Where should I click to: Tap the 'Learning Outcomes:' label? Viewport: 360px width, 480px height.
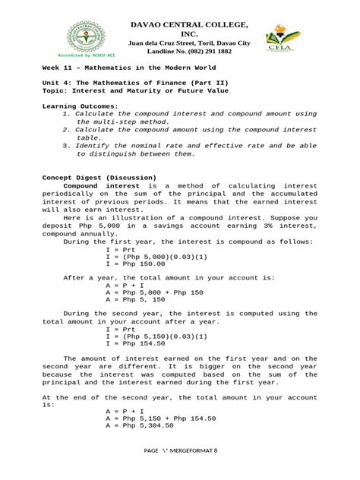pos(81,106)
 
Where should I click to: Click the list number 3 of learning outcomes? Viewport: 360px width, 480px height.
pos(67,145)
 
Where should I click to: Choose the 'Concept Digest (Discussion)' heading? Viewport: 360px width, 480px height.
pos(99,178)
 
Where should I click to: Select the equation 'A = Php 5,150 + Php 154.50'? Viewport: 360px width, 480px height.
pos(161,418)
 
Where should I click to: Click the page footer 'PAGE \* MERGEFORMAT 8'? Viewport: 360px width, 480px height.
pos(180,450)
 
